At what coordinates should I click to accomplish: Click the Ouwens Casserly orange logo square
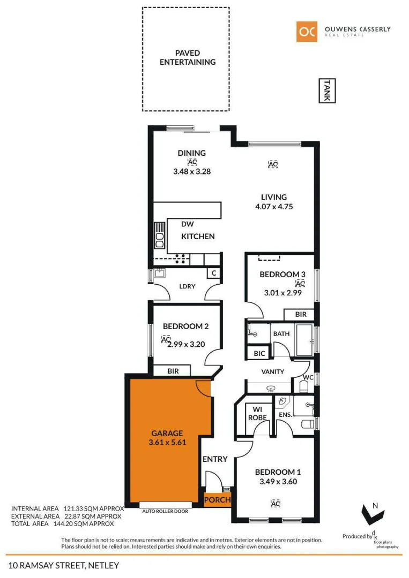[x=307, y=32]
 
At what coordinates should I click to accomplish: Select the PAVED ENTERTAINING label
[x=188, y=58]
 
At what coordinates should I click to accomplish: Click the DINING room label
[x=191, y=153]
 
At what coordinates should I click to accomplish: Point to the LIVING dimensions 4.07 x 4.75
[x=274, y=207]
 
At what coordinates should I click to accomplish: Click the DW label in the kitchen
[x=187, y=224]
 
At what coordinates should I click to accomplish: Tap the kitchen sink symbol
[x=160, y=235]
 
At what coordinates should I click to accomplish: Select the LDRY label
[x=188, y=286]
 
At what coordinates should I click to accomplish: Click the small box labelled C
[x=214, y=273]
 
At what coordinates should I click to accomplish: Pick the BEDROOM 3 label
[x=282, y=275]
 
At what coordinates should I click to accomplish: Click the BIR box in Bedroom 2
[x=173, y=371]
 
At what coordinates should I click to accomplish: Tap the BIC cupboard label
[x=259, y=354]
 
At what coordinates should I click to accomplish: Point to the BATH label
[x=281, y=334]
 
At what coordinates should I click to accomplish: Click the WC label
[x=308, y=378]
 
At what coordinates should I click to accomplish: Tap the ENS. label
[x=285, y=415]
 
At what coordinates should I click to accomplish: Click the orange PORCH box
[x=218, y=500]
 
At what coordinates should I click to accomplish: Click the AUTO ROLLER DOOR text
[x=165, y=511]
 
